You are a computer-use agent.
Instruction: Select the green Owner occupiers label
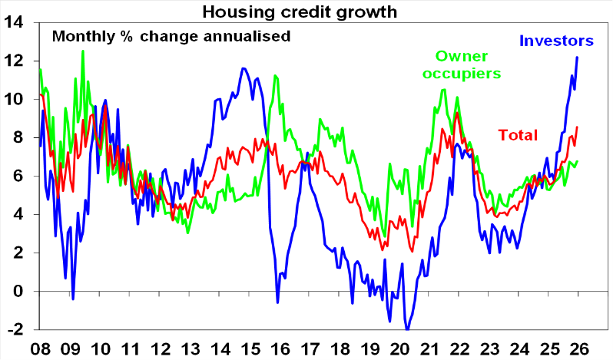[x=468, y=64]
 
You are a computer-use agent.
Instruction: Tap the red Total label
[x=518, y=136]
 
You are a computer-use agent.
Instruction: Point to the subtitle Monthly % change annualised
[x=171, y=36]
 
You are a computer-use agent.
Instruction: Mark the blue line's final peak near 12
[x=577, y=58]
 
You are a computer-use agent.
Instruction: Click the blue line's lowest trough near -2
[x=406, y=329]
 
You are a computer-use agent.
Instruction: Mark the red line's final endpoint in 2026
[x=577, y=127]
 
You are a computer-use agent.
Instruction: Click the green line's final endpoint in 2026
[x=577, y=161]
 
